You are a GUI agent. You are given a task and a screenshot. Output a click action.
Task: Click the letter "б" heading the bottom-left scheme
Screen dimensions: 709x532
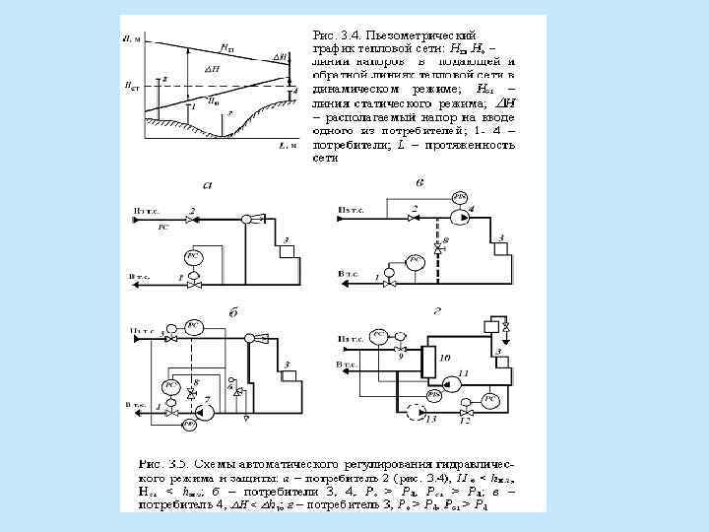pos(233,312)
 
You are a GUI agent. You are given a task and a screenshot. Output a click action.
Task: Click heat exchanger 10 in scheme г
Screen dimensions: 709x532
pos(428,362)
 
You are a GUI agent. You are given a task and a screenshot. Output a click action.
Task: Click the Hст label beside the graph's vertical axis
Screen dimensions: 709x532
pos(129,87)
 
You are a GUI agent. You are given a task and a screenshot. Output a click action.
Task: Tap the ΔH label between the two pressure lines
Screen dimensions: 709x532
pos(216,70)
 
